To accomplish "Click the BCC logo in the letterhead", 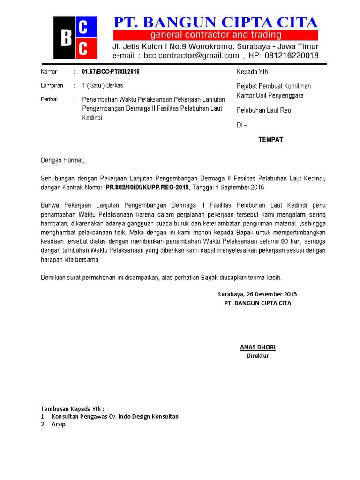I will click(x=75, y=37).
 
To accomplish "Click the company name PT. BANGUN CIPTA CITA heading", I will click(x=215, y=22).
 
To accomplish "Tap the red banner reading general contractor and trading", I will click(x=215, y=35).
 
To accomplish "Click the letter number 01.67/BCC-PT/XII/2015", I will click(x=111, y=72).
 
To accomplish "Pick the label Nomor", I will click(x=49, y=72).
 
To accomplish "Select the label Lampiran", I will click(x=52, y=85).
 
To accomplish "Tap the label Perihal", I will click(x=49, y=99).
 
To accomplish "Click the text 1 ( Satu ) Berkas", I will click(x=103, y=85).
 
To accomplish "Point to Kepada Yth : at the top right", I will click(x=254, y=72).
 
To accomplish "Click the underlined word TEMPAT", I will click(x=270, y=140).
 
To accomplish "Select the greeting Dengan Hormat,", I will click(x=62, y=160).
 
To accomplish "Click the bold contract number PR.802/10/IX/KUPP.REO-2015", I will click(x=147, y=187).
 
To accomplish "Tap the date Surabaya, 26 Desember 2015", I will click(x=257, y=294).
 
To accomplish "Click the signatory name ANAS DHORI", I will click(x=257, y=347).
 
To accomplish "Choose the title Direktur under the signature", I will click(x=257, y=356).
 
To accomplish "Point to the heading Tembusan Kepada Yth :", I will click(x=73, y=408).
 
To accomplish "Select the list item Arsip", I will click(x=59, y=424).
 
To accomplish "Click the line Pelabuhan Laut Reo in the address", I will click(x=263, y=110).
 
